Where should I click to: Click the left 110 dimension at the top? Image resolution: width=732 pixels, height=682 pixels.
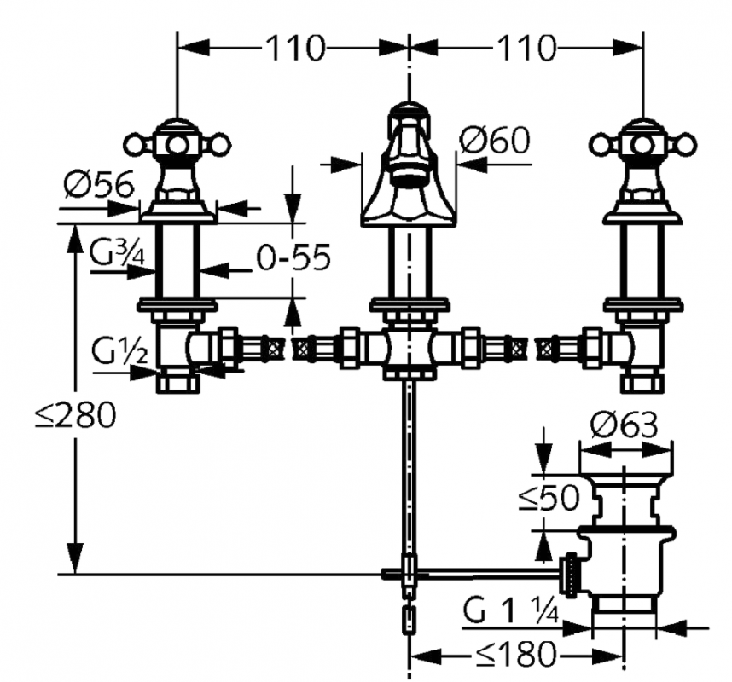[x=293, y=49]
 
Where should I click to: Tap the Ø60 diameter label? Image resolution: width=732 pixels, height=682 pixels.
[x=495, y=139]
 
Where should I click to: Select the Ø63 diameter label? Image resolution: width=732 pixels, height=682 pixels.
[x=625, y=424]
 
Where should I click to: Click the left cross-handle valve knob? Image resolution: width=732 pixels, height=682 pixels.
[x=177, y=141]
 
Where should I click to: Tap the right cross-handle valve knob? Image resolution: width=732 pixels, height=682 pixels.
[x=642, y=141]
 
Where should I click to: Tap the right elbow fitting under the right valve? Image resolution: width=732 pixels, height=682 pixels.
[x=636, y=350]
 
